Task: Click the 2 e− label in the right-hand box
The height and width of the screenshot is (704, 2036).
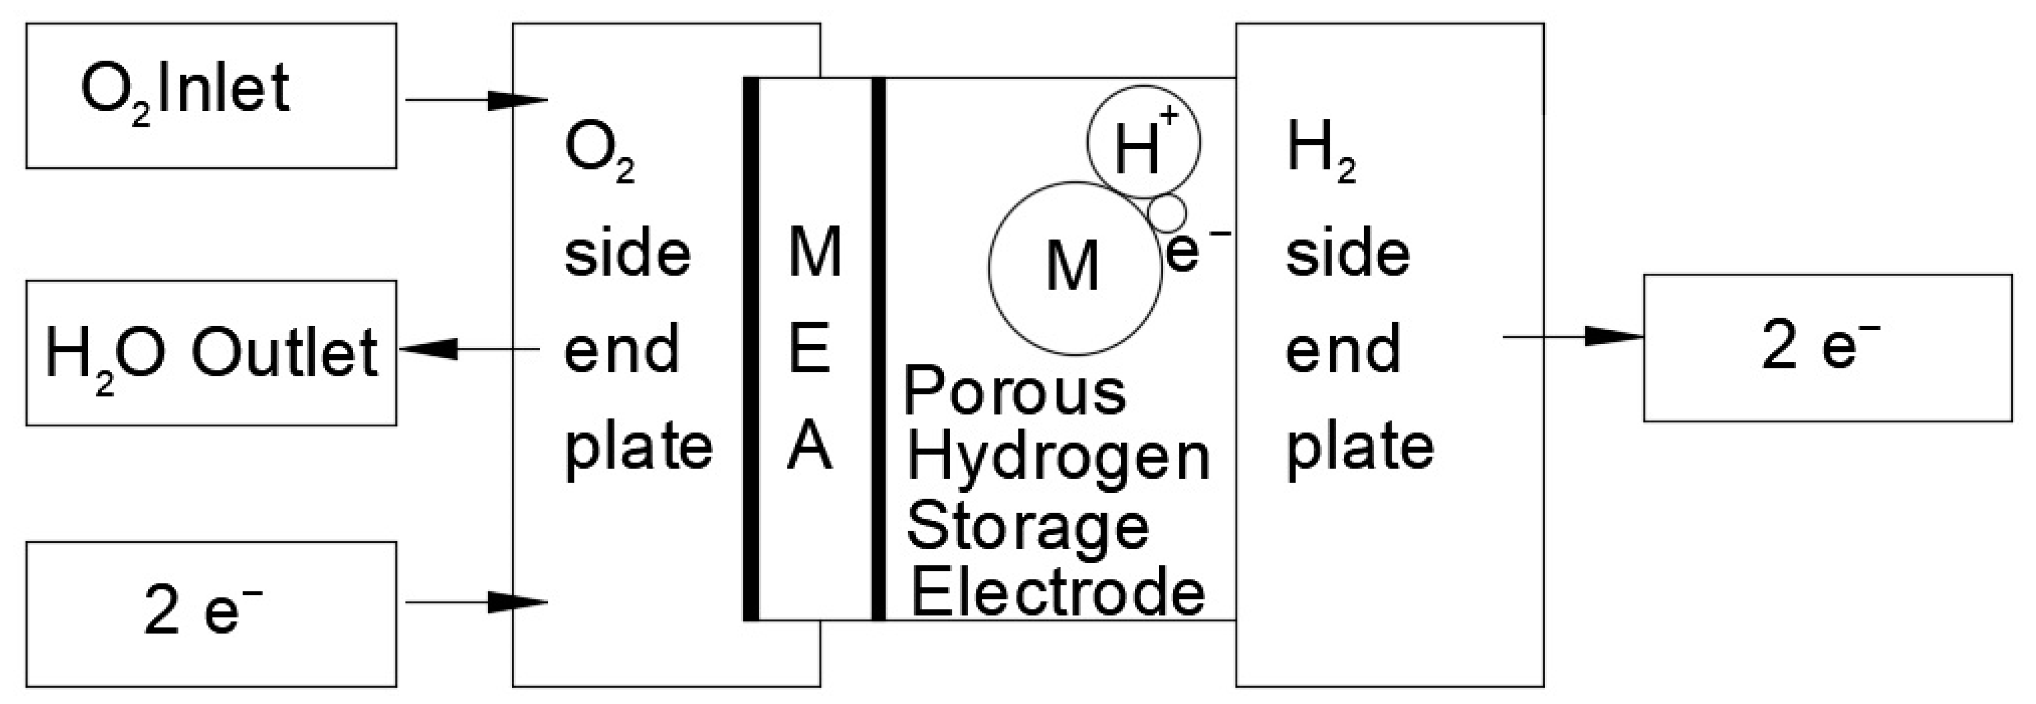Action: coord(1819,347)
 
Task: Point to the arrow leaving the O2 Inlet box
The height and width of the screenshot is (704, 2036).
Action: coord(476,100)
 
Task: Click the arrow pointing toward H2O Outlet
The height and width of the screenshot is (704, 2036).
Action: coord(470,349)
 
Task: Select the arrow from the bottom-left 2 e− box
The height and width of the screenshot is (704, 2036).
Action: coord(476,603)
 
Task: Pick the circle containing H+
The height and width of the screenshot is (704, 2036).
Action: coord(1144,143)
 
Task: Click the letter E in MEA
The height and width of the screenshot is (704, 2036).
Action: coord(810,349)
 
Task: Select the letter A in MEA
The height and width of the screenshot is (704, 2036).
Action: coord(810,447)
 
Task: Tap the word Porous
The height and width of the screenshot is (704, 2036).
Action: coord(1015,391)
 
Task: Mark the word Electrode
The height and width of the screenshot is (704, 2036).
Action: coord(1058,594)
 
